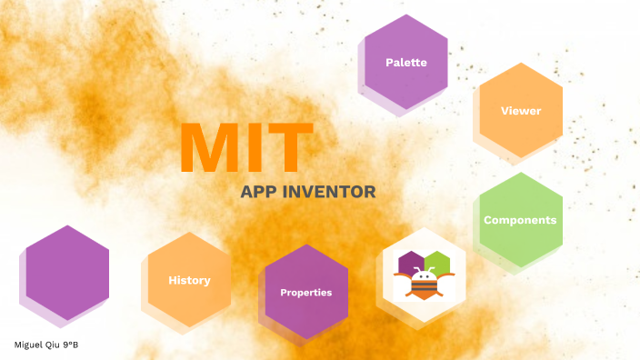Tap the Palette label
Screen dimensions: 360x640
pyautogui.click(x=405, y=63)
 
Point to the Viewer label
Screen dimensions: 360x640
pyautogui.click(x=521, y=111)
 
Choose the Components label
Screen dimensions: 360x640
pyautogui.click(x=520, y=220)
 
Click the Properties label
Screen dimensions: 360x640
pyautogui.click(x=305, y=293)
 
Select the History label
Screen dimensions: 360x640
pyautogui.click(x=189, y=280)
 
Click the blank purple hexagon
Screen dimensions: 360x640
pyautogui.click(x=67, y=272)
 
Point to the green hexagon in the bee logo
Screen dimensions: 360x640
pyautogui.click(x=436, y=262)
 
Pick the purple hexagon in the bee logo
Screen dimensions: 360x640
pyautogui.click(x=410, y=262)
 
